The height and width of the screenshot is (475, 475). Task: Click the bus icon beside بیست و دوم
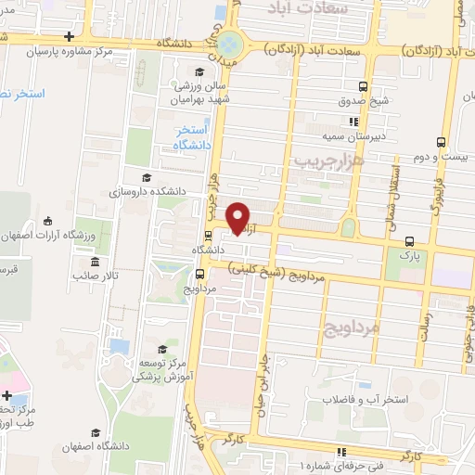click(x=439, y=142)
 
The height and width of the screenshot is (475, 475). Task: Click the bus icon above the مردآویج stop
click(x=200, y=274)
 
